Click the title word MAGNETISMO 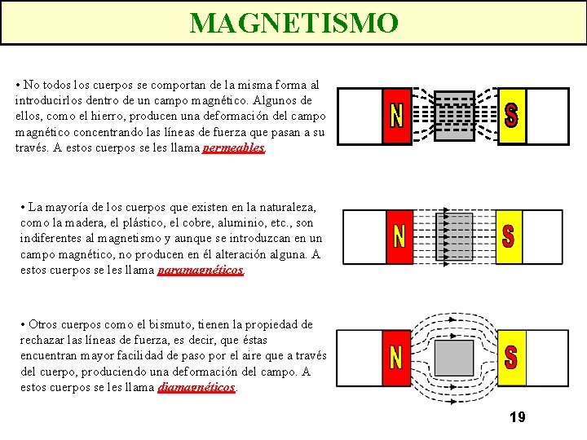pyautogui.click(x=293, y=22)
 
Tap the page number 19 pyautogui.click(x=517, y=417)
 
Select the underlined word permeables pyautogui.click(x=234, y=148)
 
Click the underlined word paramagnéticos pyautogui.click(x=201, y=270)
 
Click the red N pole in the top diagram pyautogui.click(x=397, y=116)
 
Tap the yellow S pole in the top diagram pyautogui.click(x=512, y=116)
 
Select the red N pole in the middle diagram pyautogui.click(x=399, y=236)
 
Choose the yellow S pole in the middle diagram pyautogui.click(x=509, y=236)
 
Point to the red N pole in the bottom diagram pyautogui.click(x=397, y=357)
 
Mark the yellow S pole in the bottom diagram pyautogui.click(x=511, y=357)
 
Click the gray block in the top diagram pyautogui.click(x=453, y=116)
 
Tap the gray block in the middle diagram pyautogui.click(x=454, y=236)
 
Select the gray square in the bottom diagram pyautogui.click(x=453, y=357)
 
